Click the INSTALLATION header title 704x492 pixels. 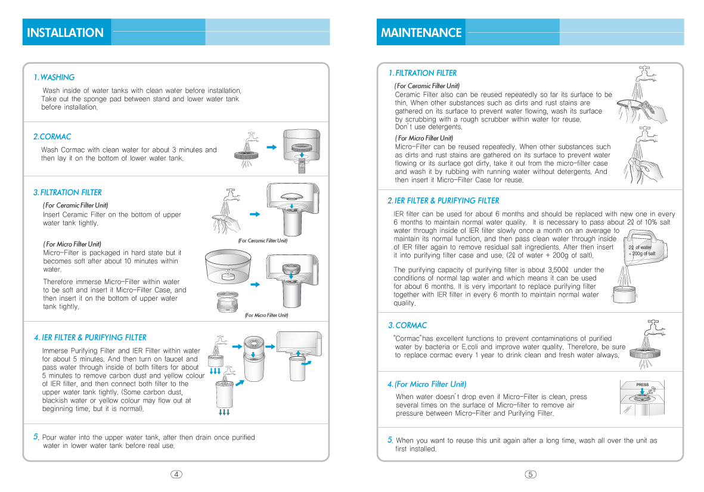[x=66, y=33]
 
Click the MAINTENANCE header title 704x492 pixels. [x=421, y=33]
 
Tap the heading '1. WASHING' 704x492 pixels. [x=54, y=77]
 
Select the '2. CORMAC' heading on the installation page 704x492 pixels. [x=52, y=137]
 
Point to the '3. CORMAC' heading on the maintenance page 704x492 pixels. [x=407, y=326]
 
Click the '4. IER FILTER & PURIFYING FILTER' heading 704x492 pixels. [x=90, y=338]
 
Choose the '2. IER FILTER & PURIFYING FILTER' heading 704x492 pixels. [x=443, y=201]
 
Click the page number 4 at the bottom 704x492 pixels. [x=176, y=474]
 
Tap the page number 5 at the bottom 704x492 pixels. [x=531, y=474]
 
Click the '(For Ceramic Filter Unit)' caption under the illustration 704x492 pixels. [x=262, y=241]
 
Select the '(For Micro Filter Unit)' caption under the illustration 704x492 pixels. [x=266, y=315]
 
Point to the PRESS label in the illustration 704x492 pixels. [x=642, y=385]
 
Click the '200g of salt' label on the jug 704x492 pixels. [x=643, y=254]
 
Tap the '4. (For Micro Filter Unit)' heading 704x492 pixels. [x=426, y=384]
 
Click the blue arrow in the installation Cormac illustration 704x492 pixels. [x=271, y=147]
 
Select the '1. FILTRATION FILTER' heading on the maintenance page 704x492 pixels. [x=422, y=73]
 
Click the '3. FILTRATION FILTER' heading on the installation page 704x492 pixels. [x=67, y=192]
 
